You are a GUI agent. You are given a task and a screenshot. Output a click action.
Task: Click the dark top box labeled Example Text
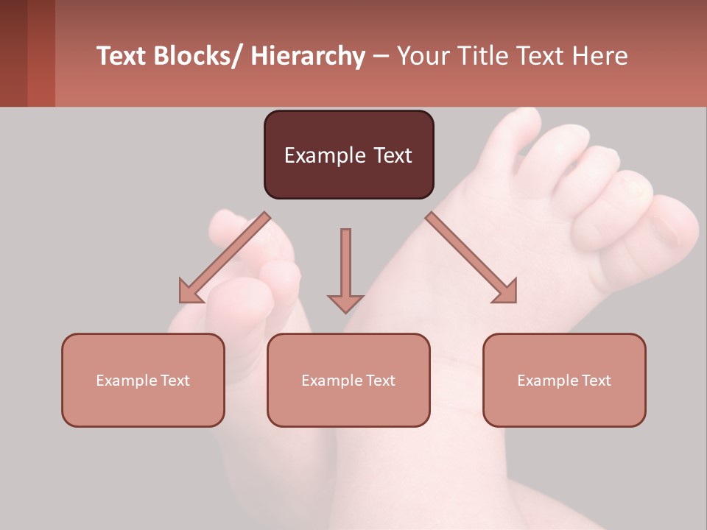[x=348, y=155]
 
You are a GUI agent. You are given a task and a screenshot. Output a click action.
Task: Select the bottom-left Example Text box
[x=143, y=380]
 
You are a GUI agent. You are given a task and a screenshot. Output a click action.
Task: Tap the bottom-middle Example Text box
[x=348, y=380]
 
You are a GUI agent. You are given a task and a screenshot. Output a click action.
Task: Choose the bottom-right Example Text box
[x=564, y=380]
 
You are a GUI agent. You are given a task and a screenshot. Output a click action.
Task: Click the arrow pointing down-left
[x=225, y=258]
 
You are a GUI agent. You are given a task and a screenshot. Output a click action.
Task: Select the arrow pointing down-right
[x=471, y=258]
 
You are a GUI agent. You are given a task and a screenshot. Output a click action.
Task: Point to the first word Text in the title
[x=123, y=57]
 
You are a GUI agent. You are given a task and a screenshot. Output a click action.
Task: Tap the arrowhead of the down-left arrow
[x=190, y=293]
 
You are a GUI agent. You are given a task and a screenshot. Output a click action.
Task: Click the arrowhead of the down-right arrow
[x=506, y=293]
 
